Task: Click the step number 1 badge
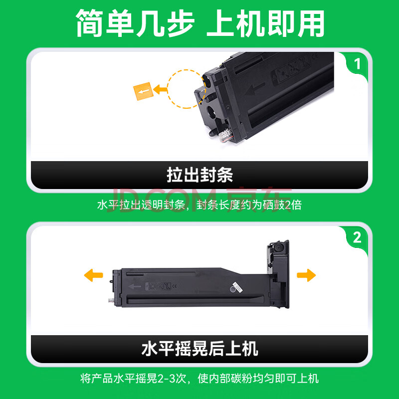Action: click(x=357, y=64)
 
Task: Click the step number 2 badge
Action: click(x=357, y=238)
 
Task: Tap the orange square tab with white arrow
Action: click(x=143, y=91)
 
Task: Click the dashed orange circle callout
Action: click(x=168, y=89)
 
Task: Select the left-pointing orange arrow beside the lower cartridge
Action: click(x=93, y=275)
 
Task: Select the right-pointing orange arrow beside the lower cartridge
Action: click(x=306, y=275)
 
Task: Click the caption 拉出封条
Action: click(x=200, y=175)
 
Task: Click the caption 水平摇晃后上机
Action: click(x=200, y=349)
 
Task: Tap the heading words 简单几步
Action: click(x=135, y=23)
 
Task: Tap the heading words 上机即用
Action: click(x=265, y=23)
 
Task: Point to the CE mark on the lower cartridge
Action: click(x=175, y=286)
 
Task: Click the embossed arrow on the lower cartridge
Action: click(x=135, y=286)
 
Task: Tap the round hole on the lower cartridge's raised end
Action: click(x=278, y=247)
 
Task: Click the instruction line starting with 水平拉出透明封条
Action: click(x=199, y=205)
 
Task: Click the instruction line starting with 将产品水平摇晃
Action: click(x=199, y=379)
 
